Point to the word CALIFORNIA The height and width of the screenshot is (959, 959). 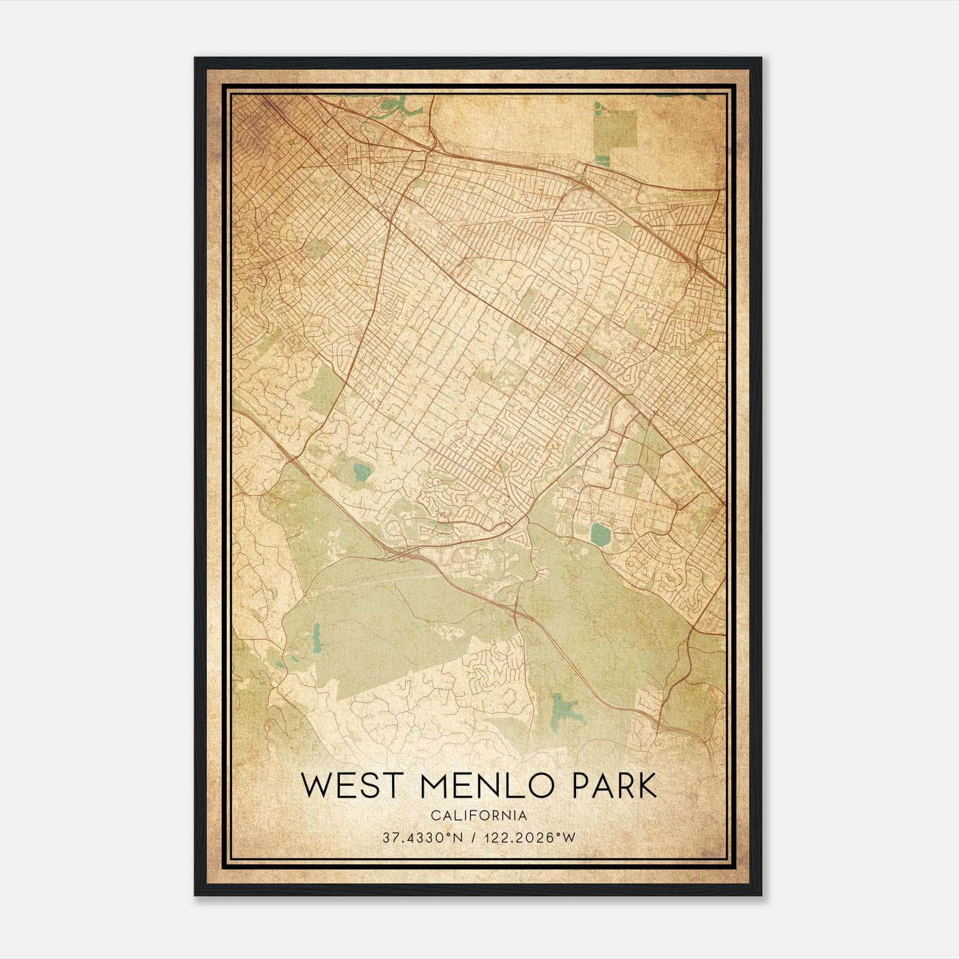478,815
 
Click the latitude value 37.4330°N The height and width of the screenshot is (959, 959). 423,838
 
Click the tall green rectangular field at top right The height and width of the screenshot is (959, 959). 616,128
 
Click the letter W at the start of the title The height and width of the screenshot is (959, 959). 316,785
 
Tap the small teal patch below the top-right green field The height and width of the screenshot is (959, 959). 602,160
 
